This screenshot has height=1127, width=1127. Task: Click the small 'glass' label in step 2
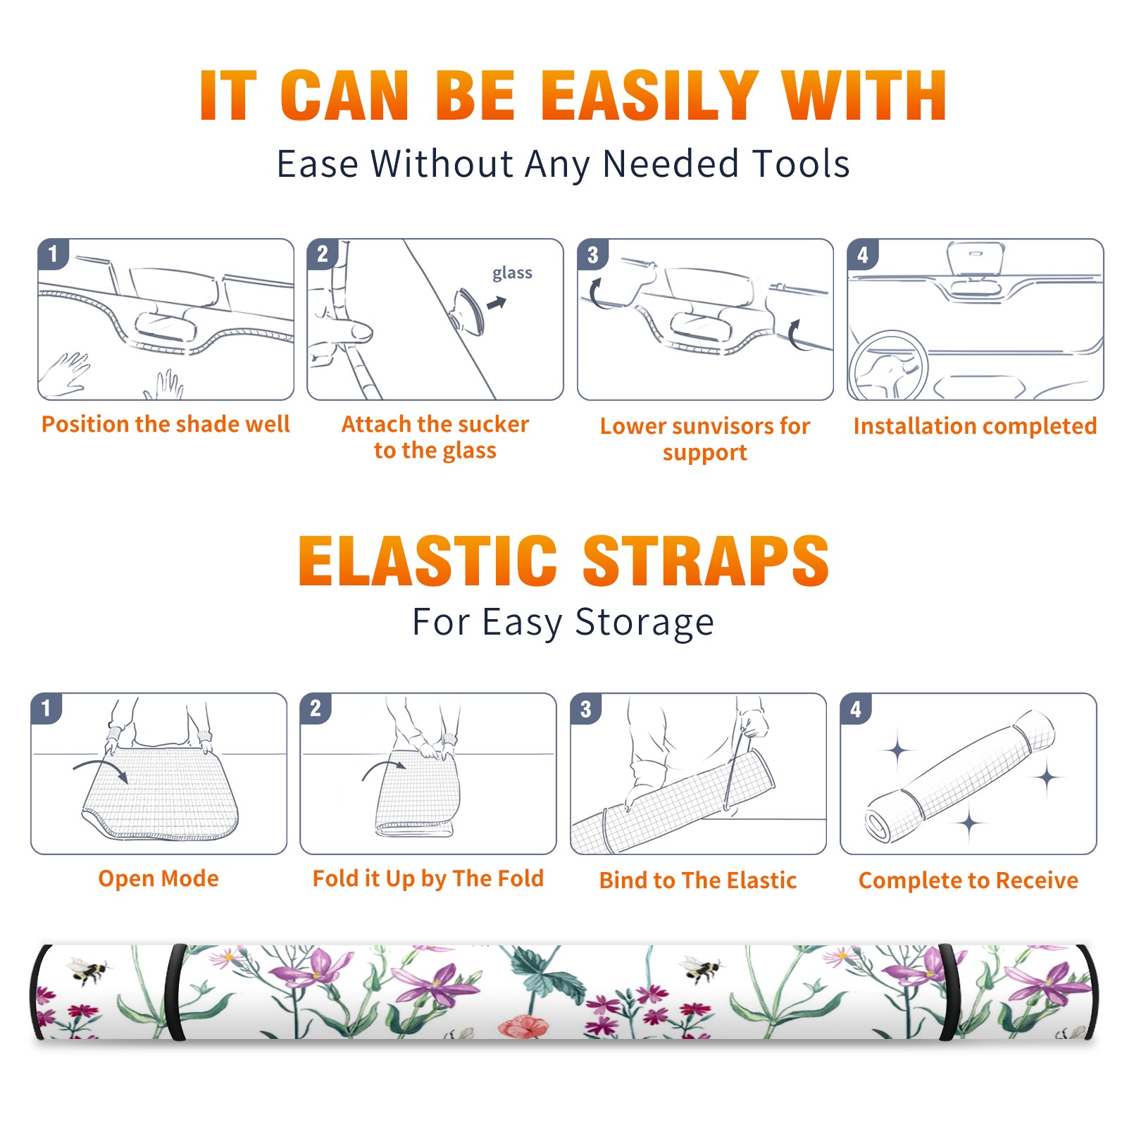tap(512, 273)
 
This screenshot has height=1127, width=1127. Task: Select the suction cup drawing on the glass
tap(468, 311)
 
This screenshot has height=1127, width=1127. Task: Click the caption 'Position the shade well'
tap(166, 424)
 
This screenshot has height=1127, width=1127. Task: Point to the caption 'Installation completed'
tap(975, 425)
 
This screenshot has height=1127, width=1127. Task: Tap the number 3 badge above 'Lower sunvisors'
tap(592, 254)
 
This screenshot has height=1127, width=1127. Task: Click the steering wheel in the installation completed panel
tap(888, 366)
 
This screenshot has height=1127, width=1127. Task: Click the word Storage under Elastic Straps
tap(645, 623)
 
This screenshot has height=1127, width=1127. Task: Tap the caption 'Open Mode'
tap(158, 878)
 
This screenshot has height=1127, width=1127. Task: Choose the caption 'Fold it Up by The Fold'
tap(428, 878)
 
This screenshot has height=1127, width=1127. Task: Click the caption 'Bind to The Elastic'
tap(698, 880)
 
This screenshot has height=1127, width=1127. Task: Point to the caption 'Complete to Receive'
tap(969, 880)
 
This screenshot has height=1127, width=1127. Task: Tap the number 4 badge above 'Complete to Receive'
tap(856, 709)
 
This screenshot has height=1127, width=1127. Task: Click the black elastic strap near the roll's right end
tap(949, 992)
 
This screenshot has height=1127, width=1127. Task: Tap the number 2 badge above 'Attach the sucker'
tap(322, 254)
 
